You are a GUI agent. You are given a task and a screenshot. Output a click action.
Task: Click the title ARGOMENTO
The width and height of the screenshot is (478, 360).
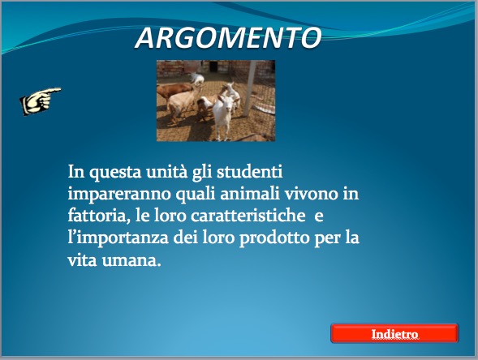point(228,38)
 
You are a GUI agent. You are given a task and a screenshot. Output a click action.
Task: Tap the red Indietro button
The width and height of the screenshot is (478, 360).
point(394,333)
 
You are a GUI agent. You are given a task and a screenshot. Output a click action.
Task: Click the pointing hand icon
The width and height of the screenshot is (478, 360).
point(41,101)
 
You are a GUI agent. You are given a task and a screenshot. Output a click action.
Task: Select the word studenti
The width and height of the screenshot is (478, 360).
point(250,172)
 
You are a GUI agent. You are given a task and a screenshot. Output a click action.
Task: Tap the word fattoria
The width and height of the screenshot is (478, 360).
point(97,216)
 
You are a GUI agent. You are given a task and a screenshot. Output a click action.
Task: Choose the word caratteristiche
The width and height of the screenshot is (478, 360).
point(248,216)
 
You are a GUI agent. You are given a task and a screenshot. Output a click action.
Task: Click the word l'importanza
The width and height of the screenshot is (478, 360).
point(118,238)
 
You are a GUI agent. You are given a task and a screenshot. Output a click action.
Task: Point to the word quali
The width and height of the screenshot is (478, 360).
point(196,195)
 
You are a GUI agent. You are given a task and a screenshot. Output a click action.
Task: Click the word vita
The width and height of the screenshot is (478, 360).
point(82,260)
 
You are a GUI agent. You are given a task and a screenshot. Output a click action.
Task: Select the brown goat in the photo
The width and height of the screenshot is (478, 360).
point(174,91)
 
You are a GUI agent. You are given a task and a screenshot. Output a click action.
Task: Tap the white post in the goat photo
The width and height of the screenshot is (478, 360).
point(250,88)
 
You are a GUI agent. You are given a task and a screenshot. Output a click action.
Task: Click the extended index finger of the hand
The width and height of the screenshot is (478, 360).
point(53,91)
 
